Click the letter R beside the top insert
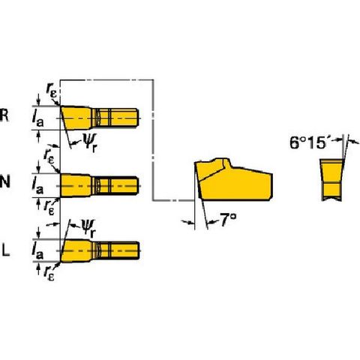(4, 115)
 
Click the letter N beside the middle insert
(5, 181)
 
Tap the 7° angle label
(228, 220)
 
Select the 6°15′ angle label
(308, 143)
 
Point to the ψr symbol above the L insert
(88, 228)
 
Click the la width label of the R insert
(38, 118)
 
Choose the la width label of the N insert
(37, 185)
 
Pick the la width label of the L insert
(37, 250)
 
